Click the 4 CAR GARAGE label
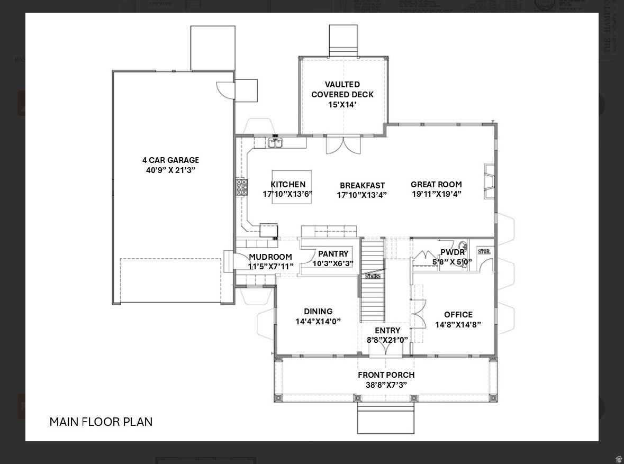click(170, 160)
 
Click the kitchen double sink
click(275, 142)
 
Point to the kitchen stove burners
click(241, 187)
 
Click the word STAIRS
click(372, 276)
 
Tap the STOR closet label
click(484, 252)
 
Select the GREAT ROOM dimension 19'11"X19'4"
click(437, 194)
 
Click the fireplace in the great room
click(490, 181)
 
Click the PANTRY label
click(333, 254)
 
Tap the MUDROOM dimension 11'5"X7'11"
click(270, 267)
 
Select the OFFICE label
click(458, 314)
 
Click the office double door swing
click(418, 314)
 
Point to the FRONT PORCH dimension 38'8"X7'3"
click(386, 385)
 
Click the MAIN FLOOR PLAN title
click(101, 422)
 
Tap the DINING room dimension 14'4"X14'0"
click(318, 321)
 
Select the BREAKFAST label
click(362, 185)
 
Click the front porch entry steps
click(386, 418)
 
